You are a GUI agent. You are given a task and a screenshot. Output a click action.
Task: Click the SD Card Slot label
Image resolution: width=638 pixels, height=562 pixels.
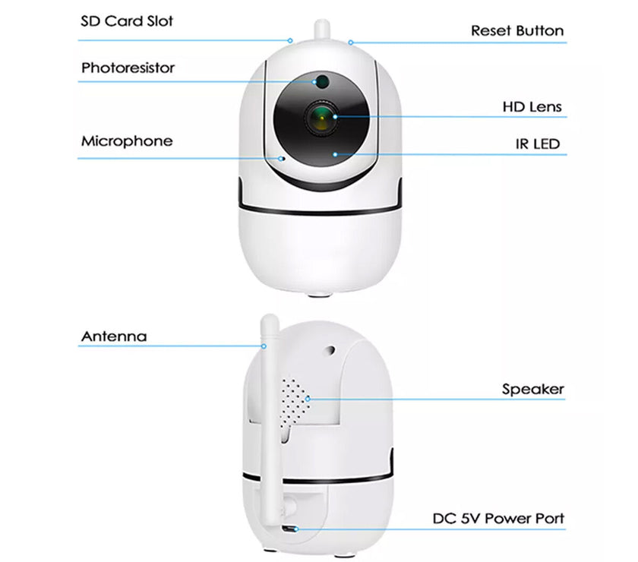coord(128,20)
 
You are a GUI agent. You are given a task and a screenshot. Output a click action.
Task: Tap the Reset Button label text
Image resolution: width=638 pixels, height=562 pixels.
coord(516,31)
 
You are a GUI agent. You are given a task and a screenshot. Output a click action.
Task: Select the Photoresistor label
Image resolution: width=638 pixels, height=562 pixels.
coord(128,68)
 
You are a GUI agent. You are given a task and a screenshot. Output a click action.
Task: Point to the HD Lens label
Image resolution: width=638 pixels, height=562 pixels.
coord(532,106)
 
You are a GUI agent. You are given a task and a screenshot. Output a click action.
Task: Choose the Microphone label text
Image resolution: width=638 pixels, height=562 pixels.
coord(126,141)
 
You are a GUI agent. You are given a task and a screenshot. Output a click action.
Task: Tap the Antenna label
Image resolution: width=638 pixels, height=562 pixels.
coord(114,336)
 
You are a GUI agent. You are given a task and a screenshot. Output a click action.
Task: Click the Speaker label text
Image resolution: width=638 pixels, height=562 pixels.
coord(532,390)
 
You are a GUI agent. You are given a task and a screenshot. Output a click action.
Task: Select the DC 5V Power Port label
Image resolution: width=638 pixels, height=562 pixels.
coord(498,519)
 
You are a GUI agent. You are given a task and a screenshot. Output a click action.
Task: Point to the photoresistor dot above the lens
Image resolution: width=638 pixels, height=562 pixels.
coord(321,79)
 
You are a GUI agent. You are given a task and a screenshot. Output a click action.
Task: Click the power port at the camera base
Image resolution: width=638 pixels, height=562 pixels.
coord(289,529)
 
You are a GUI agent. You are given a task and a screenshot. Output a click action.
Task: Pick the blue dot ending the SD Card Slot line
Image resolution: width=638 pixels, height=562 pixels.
coord(290,40)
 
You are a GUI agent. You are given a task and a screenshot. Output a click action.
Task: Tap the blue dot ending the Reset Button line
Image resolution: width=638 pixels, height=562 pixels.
coord(350,43)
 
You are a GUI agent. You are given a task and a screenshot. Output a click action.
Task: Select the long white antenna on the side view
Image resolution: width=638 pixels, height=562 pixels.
coord(271,395)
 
